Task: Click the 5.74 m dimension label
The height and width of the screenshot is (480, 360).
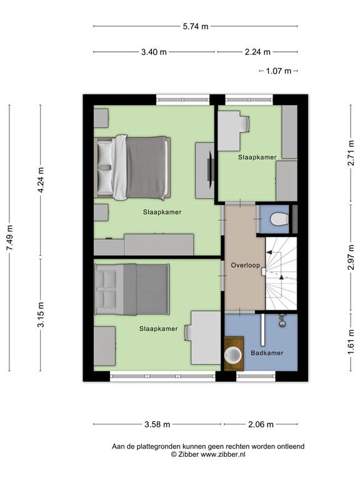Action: click(195, 26)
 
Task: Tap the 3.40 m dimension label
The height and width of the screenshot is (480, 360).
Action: click(154, 52)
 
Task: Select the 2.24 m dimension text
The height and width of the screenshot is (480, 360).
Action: click(257, 52)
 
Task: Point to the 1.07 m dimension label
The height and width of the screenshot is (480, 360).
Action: click(279, 71)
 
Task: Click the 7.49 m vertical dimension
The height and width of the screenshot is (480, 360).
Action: click(9, 238)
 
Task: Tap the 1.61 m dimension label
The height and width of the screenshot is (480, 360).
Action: click(352, 344)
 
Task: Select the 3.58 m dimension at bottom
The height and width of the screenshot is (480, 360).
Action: click(157, 424)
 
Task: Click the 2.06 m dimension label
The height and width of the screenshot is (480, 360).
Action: click(261, 424)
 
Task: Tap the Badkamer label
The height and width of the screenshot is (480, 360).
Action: click(267, 353)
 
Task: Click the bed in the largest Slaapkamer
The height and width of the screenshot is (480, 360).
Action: click(133, 167)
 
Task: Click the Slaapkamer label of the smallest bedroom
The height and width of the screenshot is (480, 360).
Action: click(257, 157)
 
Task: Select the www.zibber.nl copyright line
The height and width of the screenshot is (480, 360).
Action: click(208, 455)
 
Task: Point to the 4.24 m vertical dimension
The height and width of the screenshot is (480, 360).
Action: click(41, 181)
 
